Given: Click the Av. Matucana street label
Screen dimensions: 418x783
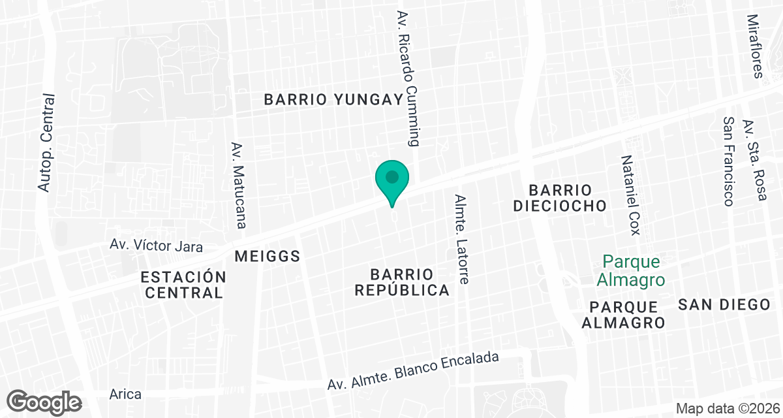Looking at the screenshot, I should click(239, 185).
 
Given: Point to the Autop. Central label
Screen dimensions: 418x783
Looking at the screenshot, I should click(45, 143).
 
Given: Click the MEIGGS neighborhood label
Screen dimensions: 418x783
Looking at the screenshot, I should click(268, 256).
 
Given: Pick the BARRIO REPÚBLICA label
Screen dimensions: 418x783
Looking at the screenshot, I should click(402, 281).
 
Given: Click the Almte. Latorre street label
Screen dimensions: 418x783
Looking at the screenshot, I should click(462, 239).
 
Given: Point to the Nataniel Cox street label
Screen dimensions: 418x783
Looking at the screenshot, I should click(631, 195).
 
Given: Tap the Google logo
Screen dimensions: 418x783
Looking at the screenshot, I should click(44, 402).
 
